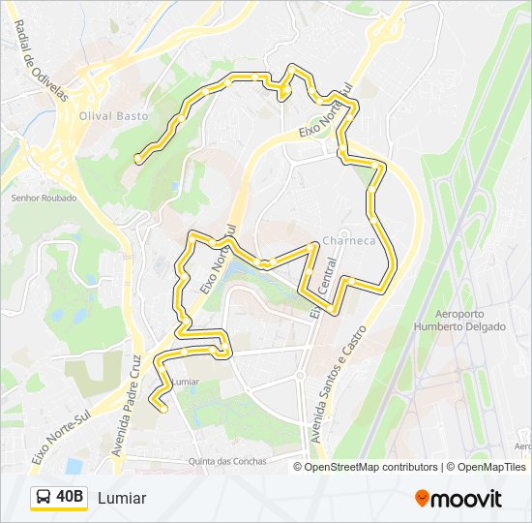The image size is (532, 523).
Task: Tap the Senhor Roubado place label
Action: pos(44,199)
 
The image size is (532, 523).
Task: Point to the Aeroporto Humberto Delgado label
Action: pos(471,321)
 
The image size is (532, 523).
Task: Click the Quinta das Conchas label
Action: pos(227,461)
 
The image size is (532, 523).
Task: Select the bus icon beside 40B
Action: pos(44,498)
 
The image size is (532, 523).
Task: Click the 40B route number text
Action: pos(71,498)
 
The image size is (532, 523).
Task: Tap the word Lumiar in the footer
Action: pos(122,498)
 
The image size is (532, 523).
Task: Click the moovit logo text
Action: pos(467,499)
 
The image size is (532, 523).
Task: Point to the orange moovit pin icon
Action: pos(423,498)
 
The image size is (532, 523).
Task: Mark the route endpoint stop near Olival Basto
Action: pos(138,157)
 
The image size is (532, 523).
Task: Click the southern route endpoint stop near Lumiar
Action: pos(163,409)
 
